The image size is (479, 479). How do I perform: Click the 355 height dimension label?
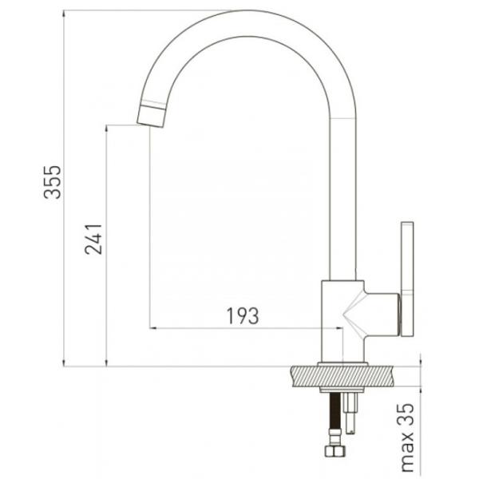pos(53,182)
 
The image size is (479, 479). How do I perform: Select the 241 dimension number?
pos(93,239)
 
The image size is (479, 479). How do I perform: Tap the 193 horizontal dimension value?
pos(243,316)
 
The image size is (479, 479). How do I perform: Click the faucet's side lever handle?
pos(407,279)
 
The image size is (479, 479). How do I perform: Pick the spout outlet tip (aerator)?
pos(152,116)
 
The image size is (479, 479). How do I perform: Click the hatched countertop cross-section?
pos(343,376)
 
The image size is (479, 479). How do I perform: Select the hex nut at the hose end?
pos(335,451)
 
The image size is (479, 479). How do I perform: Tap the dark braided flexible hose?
pos(335,411)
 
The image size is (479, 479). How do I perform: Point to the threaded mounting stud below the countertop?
pos(350,413)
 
